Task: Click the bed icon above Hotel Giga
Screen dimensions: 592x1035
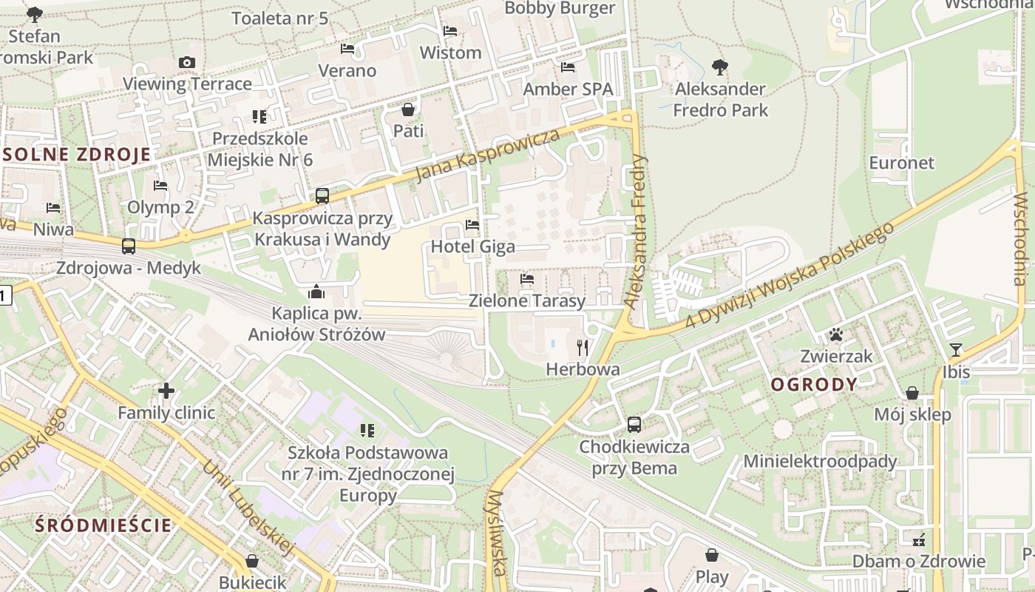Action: (x=472, y=224)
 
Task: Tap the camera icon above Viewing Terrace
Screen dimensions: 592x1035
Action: (x=187, y=62)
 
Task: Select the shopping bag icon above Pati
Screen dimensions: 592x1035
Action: (x=408, y=110)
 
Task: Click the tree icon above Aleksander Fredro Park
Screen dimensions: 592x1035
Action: (x=720, y=67)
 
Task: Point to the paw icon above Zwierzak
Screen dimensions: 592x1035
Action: (x=836, y=334)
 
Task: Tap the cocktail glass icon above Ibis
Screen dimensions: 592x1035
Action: (x=956, y=349)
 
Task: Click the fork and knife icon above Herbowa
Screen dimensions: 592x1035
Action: (x=583, y=346)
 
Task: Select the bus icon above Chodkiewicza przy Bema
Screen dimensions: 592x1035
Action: (x=634, y=425)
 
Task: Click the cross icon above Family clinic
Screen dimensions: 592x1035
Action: (x=166, y=390)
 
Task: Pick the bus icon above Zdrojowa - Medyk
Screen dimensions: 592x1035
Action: (x=129, y=246)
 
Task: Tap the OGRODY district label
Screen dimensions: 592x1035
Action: (x=814, y=385)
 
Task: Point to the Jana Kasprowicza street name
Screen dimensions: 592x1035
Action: (x=487, y=155)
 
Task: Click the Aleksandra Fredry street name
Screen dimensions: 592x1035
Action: (x=636, y=231)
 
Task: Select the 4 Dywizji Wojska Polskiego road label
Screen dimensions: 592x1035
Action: (x=790, y=274)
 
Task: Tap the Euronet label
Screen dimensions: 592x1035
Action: (x=901, y=163)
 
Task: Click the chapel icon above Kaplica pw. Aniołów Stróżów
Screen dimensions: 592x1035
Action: (x=316, y=292)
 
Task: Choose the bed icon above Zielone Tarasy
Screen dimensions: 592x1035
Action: (x=527, y=279)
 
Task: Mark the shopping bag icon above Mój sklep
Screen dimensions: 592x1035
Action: (x=912, y=393)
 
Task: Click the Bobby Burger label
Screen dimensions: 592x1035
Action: (x=560, y=8)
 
